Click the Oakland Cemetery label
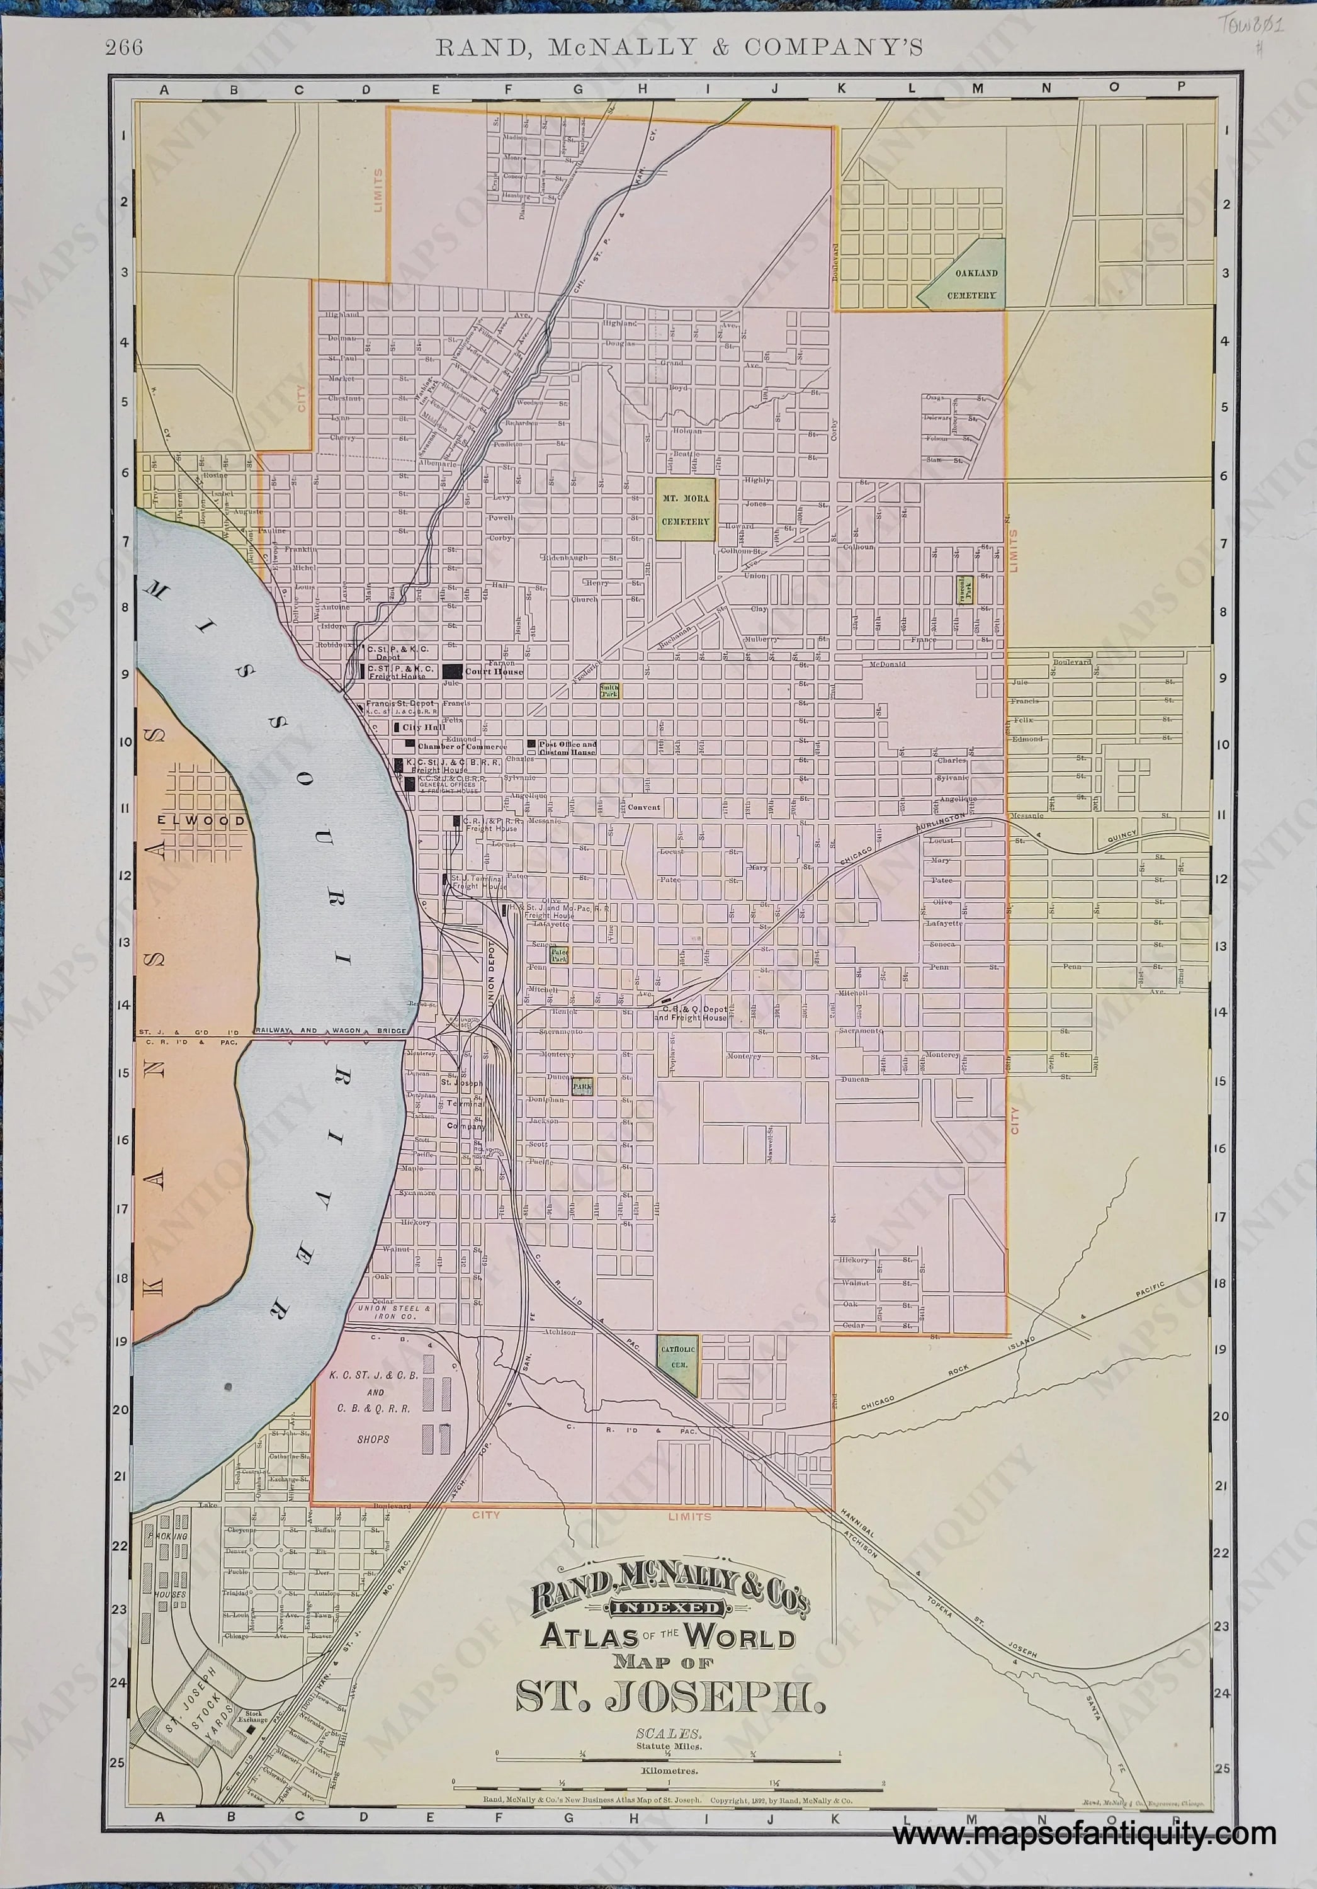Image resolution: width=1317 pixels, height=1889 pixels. (x=971, y=284)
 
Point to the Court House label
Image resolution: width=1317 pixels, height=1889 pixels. (x=494, y=671)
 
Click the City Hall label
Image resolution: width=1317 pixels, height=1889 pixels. (x=423, y=727)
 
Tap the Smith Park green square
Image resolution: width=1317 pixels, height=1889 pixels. (x=609, y=689)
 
